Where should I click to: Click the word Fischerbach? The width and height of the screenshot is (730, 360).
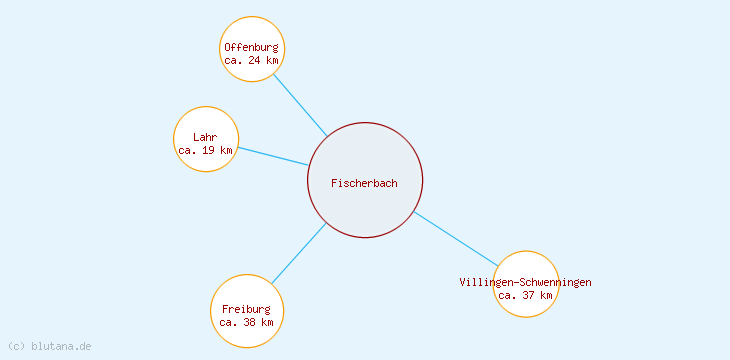click(364, 183)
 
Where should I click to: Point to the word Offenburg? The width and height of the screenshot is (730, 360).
click(251, 47)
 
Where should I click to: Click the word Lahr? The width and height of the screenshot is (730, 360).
click(205, 137)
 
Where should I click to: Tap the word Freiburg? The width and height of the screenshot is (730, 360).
click(246, 309)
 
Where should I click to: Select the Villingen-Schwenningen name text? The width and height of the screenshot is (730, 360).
click(525, 282)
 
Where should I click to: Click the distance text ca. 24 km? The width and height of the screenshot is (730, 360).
click(251, 60)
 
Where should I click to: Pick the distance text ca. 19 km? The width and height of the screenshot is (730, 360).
click(205, 150)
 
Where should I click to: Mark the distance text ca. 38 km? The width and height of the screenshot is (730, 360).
click(246, 322)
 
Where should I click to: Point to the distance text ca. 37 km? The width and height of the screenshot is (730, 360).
click(525, 295)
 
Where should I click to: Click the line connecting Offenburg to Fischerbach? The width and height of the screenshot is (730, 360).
click(300, 104)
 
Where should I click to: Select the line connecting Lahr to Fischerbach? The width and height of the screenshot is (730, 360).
click(273, 156)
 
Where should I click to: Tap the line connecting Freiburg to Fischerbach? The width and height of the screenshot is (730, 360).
click(299, 253)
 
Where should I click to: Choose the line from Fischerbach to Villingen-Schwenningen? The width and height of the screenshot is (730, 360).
click(456, 239)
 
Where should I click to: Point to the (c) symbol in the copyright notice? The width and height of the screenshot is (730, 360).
click(16, 346)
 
